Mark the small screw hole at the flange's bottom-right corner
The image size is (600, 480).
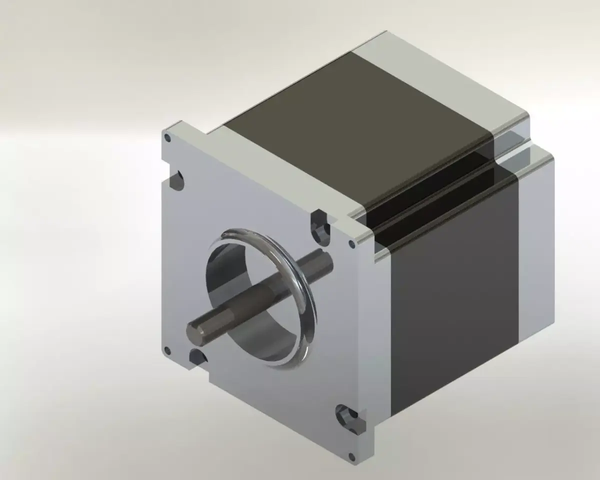pyautogui.click(x=352, y=456)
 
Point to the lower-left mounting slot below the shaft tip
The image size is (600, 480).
pyautogui.click(x=196, y=357)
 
